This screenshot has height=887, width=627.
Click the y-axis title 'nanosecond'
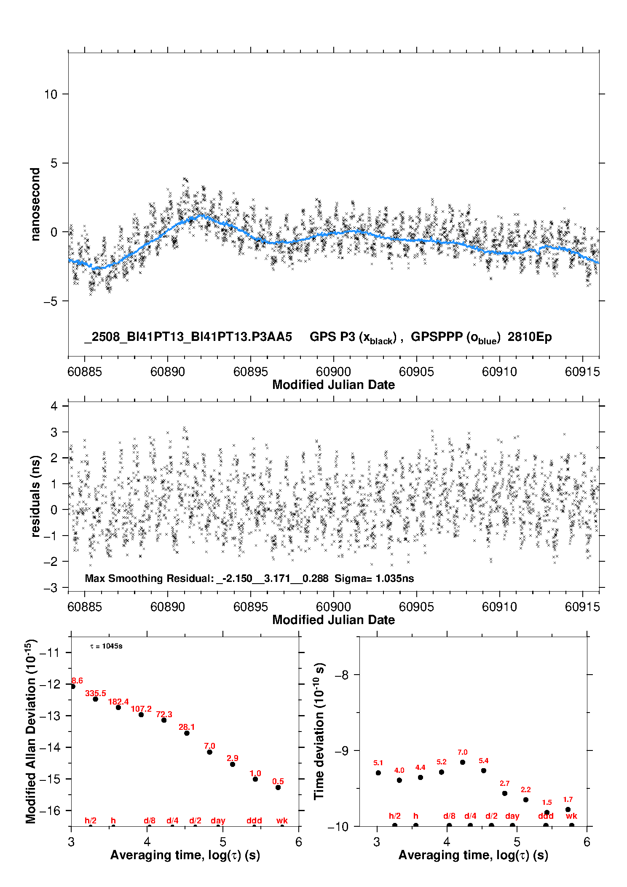(x=35, y=204)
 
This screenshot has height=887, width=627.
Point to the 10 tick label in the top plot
(x=51, y=94)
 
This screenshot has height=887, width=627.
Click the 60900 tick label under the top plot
(x=333, y=372)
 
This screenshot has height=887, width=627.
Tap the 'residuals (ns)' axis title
(x=35, y=496)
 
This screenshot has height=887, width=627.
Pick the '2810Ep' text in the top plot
(x=530, y=337)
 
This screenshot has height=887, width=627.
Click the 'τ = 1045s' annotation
(x=106, y=646)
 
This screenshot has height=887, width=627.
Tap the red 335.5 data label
(x=96, y=693)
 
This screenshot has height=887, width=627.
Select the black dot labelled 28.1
(x=187, y=733)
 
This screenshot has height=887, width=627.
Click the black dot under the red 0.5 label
(x=278, y=788)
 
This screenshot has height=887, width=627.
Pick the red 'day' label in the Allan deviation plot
(x=218, y=820)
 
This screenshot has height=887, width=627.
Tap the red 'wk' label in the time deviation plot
(x=571, y=816)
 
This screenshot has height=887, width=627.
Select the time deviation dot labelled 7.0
(x=462, y=762)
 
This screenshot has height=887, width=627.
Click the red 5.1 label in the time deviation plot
(x=378, y=763)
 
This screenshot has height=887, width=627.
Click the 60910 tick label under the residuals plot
(x=499, y=607)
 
